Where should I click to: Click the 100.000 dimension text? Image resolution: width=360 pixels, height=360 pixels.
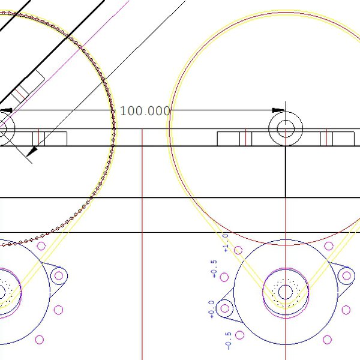pos(145,111)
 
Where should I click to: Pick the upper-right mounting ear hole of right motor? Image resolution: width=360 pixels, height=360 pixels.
pos(346,275)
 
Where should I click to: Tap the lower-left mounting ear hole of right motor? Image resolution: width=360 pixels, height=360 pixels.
pos(225,309)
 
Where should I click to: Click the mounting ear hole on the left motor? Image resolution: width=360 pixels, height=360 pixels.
pos(58,276)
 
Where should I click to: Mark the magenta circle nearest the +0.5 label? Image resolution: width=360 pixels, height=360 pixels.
pos(224,277)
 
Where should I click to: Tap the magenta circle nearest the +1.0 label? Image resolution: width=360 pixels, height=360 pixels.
pos(239,250)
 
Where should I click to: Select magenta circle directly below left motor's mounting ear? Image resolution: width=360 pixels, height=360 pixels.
pos(58,310)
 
